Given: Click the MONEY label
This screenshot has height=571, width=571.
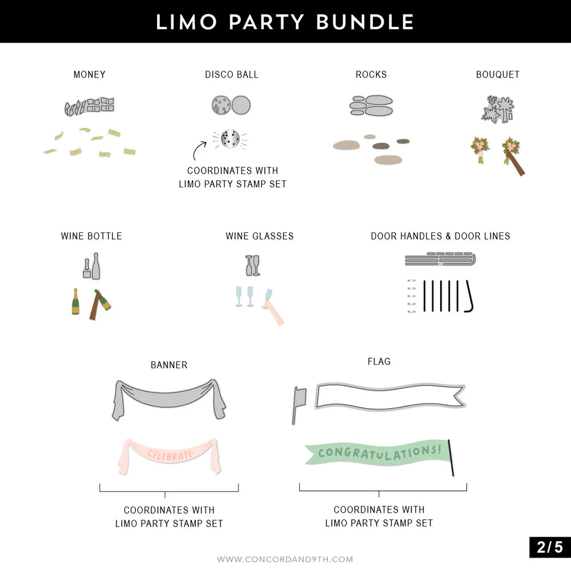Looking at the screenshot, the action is [x=90, y=75].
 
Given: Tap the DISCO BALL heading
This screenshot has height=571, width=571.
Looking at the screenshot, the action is [x=232, y=75].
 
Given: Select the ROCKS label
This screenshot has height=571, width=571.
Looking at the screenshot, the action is [x=371, y=75].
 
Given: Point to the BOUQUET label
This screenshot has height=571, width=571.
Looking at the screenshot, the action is [x=498, y=75].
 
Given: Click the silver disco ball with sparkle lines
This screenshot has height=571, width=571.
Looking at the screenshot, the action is [x=230, y=139].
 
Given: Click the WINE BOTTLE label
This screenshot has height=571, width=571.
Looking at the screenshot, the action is [x=91, y=236].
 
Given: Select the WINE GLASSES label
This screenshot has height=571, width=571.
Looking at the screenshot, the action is [x=260, y=236].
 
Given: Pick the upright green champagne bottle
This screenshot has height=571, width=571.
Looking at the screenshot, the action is [x=75, y=301].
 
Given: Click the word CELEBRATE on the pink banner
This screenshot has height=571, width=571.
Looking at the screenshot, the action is [x=170, y=455].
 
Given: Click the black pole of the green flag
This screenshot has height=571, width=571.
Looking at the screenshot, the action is [x=451, y=458].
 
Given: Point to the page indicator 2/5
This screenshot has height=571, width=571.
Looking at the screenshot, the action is [x=550, y=548].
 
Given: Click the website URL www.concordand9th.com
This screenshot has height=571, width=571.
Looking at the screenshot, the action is [x=285, y=560].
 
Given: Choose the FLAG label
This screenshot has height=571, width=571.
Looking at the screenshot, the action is [x=379, y=361].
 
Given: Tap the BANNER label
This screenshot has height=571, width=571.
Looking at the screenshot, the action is [x=169, y=365].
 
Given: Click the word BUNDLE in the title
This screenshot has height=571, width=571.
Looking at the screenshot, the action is [x=365, y=22].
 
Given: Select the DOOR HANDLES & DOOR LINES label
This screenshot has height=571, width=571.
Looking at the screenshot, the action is [x=440, y=236].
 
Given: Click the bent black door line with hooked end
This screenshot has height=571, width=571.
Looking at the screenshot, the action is [x=469, y=296].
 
